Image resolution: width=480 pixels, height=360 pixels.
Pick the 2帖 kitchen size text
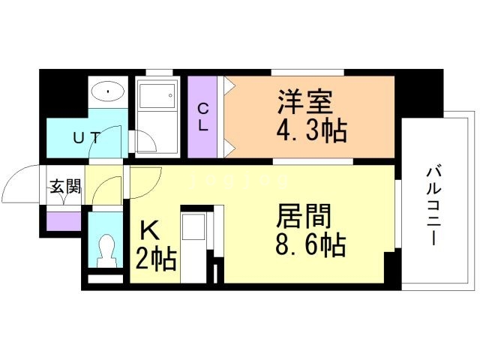point(156,259)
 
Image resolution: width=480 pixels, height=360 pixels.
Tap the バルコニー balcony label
point(433,202)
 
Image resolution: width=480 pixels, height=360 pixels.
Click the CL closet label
point(203,117)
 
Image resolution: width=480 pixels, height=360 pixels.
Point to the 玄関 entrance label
point(64,187)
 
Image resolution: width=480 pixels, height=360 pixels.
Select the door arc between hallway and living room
point(146,180)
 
